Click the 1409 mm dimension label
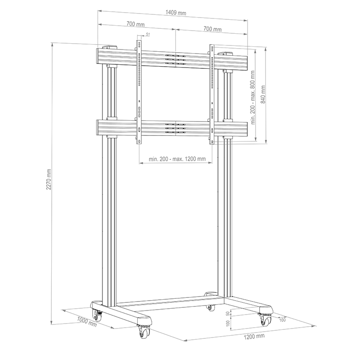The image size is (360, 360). tap(176, 13)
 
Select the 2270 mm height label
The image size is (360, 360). tap(49, 180)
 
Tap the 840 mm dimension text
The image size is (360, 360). tap(263, 94)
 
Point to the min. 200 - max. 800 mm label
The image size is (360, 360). tap(253, 97)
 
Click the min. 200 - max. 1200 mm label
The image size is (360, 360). tap(177, 159)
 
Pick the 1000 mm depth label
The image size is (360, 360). tap(86, 321)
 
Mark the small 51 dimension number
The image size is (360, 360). tap(148, 35)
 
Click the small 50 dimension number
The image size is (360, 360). tap(228, 313)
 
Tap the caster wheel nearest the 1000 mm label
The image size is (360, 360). tap(97, 315)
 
